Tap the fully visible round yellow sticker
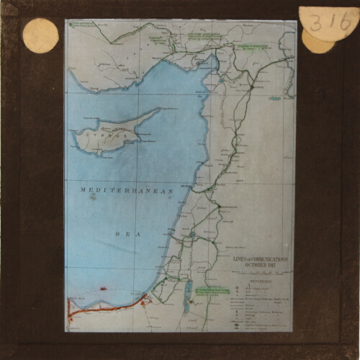point(40,35)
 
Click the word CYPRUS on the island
point(99,134)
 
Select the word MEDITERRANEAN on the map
point(127,190)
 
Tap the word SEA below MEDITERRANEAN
point(124,234)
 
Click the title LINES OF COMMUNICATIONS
point(260,258)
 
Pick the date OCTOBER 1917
point(260,265)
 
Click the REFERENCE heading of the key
point(258,282)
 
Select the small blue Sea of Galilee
point(192,235)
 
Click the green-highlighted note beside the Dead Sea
point(205,291)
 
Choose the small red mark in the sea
point(103,289)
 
